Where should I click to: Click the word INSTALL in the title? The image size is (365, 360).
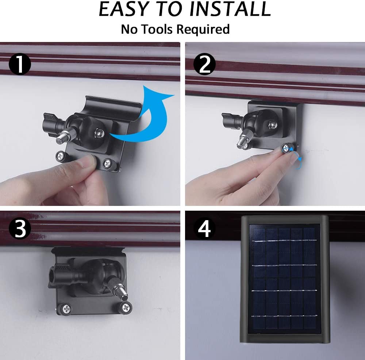(230, 9)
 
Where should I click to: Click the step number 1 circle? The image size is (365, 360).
(20, 64)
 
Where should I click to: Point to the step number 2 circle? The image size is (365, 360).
(204, 64)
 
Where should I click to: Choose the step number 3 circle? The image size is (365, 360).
(20, 228)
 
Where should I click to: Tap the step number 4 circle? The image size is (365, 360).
(204, 228)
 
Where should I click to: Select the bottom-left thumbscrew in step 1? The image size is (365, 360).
(61, 156)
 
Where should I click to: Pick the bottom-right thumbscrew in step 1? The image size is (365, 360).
(108, 164)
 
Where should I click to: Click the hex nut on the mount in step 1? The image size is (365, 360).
(99, 133)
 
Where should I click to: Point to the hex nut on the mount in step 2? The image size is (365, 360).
(272, 125)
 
